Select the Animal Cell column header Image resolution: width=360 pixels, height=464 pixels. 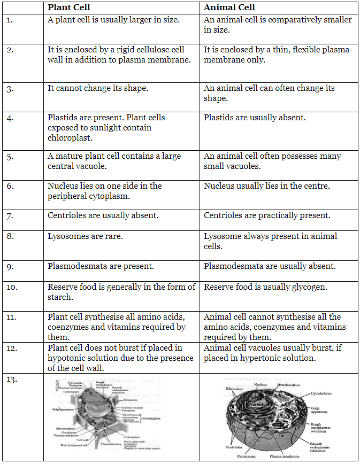pos(229,7)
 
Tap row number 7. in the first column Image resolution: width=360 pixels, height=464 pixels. pos(10,216)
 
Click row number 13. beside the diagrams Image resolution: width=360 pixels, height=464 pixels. pos(12,380)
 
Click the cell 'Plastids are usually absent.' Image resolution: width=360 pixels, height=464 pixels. pos(255,117)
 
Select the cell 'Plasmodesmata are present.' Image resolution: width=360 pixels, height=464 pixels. pos(101,266)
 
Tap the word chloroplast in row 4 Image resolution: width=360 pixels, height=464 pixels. pos(70,137)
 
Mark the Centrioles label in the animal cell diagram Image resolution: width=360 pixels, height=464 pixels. pos(220,447)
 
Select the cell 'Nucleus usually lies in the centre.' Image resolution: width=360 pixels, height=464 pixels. pos(266,186)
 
